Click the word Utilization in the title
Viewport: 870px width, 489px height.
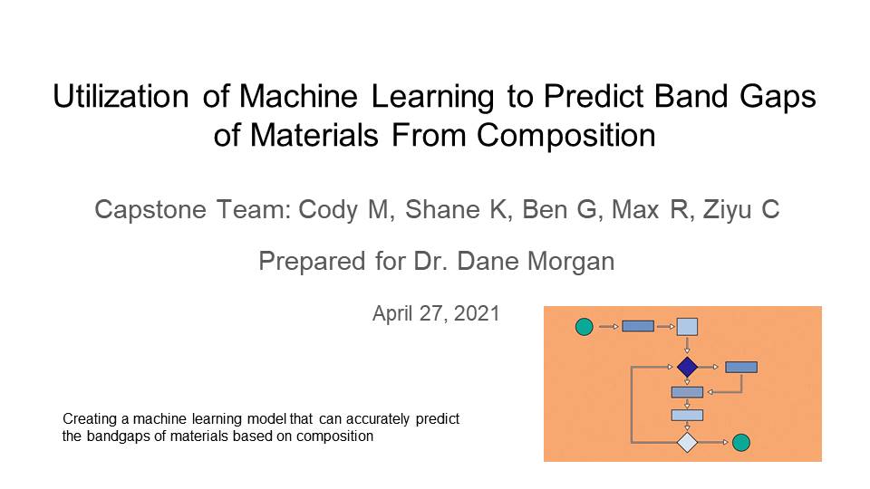click(121, 96)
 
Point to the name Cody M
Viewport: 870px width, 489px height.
click(343, 210)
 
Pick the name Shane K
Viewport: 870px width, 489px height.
click(455, 209)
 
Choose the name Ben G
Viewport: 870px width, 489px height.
click(559, 209)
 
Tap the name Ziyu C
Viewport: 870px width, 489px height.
click(740, 210)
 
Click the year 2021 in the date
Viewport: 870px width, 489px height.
click(477, 314)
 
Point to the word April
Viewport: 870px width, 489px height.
click(392, 314)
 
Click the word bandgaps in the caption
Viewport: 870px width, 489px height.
click(119, 436)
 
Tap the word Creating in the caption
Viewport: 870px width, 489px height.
click(90, 419)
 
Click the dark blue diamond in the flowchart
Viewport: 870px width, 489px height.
click(688, 367)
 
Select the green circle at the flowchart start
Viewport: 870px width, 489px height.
click(585, 327)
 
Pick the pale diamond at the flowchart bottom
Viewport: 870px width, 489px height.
click(687, 443)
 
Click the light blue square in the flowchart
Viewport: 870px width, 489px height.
click(687, 327)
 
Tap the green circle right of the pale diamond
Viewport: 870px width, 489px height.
click(741, 443)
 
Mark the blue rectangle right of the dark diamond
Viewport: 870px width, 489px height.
click(741, 367)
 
